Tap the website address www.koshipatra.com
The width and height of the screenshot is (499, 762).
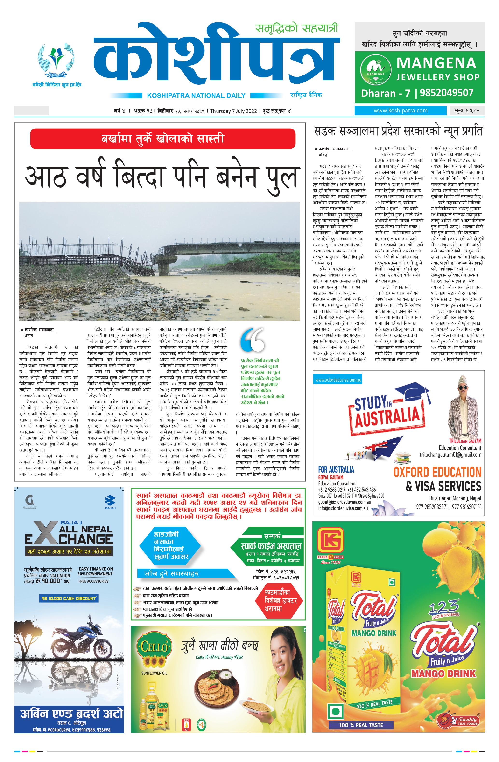coord(400,110)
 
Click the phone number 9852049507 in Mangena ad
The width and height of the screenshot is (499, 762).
coord(446,93)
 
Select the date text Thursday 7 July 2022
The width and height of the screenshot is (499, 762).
coord(234,111)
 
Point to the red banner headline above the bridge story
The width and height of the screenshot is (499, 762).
coord(162,139)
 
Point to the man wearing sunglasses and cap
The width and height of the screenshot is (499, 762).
coord(463,407)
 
